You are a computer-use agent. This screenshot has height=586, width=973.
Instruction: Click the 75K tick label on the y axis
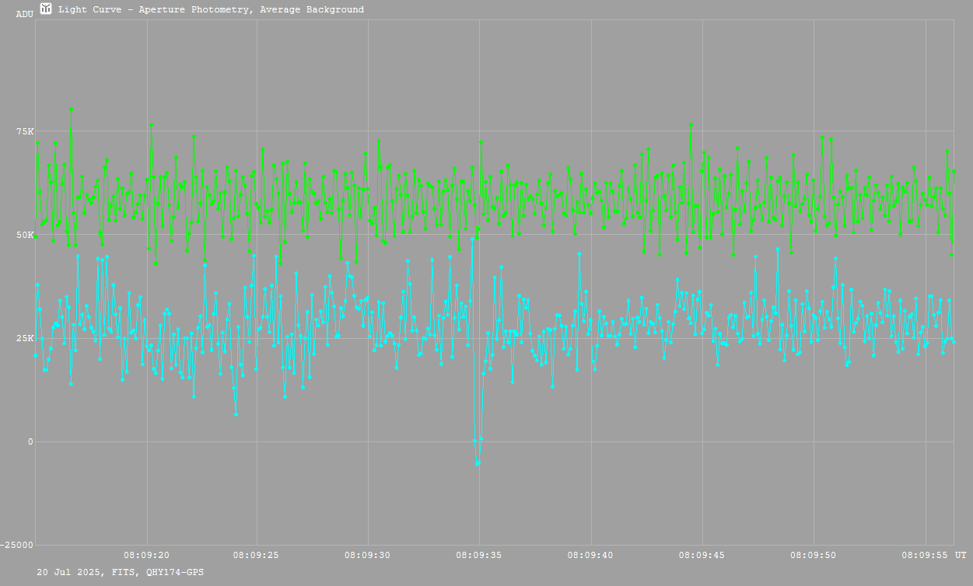(26, 131)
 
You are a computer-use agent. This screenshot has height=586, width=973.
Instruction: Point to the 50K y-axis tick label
(26, 235)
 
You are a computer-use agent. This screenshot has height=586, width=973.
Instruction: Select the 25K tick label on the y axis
(26, 338)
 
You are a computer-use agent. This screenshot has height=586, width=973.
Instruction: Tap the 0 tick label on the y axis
(31, 442)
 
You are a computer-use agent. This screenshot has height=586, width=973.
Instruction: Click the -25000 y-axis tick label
(17, 545)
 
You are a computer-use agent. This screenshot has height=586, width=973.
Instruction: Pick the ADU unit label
(24, 14)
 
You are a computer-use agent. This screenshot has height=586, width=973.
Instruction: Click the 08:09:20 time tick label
(146, 556)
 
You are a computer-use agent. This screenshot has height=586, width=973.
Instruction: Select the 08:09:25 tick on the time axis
(257, 556)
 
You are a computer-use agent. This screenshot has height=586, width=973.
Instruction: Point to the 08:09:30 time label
(368, 556)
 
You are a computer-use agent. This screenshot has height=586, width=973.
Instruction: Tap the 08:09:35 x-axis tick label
(479, 556)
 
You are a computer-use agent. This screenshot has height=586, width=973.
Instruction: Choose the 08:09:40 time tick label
(590, 556)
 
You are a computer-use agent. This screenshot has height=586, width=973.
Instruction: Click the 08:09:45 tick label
(702, 556)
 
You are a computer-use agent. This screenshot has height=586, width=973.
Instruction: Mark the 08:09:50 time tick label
(813, 556)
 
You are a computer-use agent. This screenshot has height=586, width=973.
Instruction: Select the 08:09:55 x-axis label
(924, 556)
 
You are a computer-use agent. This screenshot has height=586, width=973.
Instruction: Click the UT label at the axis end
(961, 556)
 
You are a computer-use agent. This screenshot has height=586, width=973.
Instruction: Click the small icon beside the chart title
(47, 9)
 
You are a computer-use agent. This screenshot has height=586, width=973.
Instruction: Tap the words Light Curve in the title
(85, 10)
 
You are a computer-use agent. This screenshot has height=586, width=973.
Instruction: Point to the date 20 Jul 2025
(65, 572)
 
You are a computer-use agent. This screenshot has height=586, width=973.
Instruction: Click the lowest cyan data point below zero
(478, 463)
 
